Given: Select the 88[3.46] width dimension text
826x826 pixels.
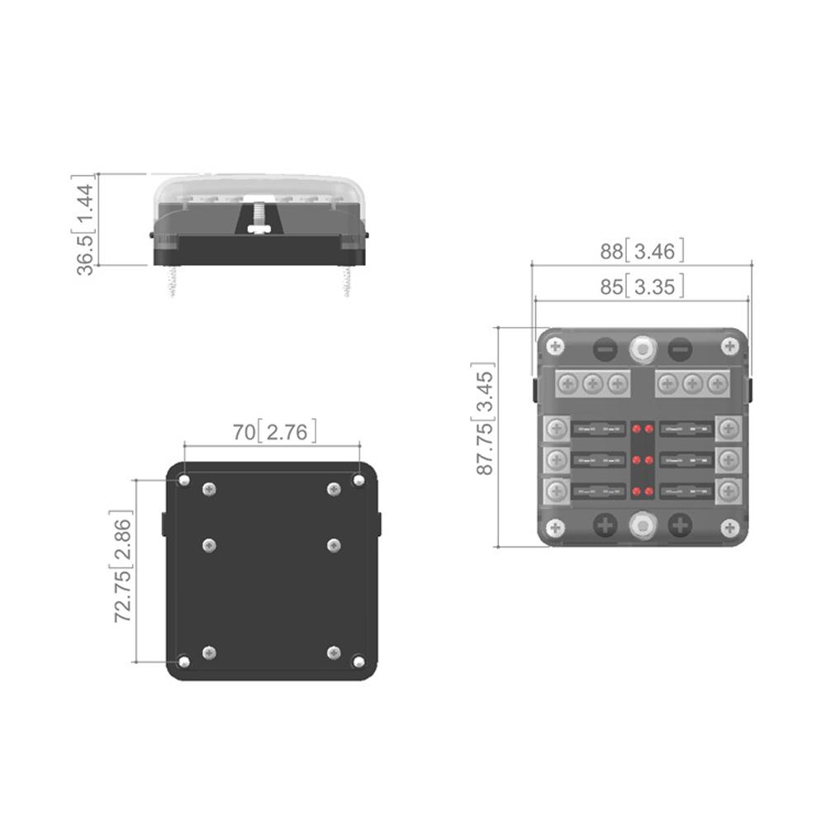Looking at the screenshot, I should click(642, 251).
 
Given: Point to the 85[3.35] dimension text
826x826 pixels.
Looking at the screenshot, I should click(642, 287).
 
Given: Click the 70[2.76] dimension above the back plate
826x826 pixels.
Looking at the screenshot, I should click(273, 431).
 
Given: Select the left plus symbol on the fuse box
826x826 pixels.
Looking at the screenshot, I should click(605, 525).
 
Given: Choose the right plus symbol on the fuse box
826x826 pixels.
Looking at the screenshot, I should click(680, 525).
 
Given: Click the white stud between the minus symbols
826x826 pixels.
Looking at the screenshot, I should click(642, 348).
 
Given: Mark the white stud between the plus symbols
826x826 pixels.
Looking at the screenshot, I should click(642, 525).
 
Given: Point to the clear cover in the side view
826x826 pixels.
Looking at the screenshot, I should click(260, 188).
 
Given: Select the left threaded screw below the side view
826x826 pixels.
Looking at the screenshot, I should click(174, 281).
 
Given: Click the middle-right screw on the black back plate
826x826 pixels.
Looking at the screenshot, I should click(334, 544).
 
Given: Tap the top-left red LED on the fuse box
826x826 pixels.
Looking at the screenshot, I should click(636, 430).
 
